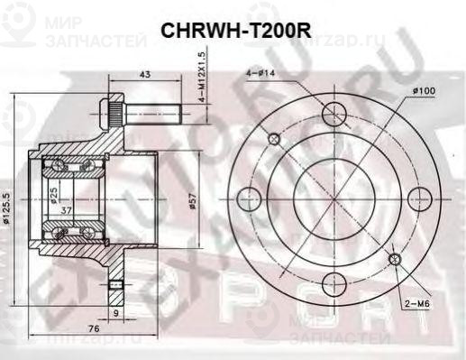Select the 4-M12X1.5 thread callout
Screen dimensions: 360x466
203,77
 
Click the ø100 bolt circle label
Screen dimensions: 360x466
424,91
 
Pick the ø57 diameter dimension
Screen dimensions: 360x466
192,206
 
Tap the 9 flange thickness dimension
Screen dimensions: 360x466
114,314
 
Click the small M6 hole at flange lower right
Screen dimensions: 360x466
394,259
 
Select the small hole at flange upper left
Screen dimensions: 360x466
274,138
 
